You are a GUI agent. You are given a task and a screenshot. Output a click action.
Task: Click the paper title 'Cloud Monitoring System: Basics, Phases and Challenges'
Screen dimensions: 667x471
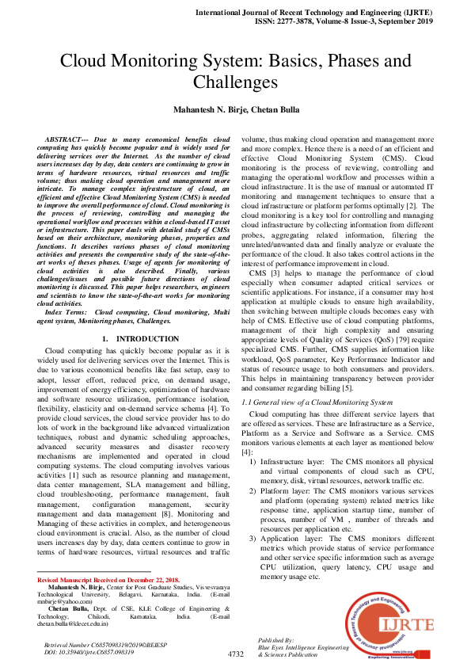click(x=235, y=71)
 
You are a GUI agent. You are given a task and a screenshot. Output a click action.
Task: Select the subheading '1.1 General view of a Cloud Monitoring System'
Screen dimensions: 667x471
click(x=317, y=402)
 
